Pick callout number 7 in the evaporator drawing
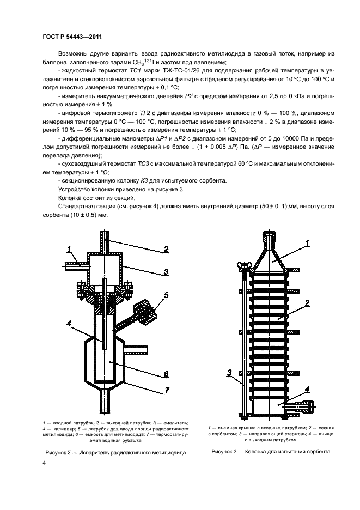pyautogui.click(x=167, y=390)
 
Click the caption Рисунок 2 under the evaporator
pyautogui.click(x=115, y=452)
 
